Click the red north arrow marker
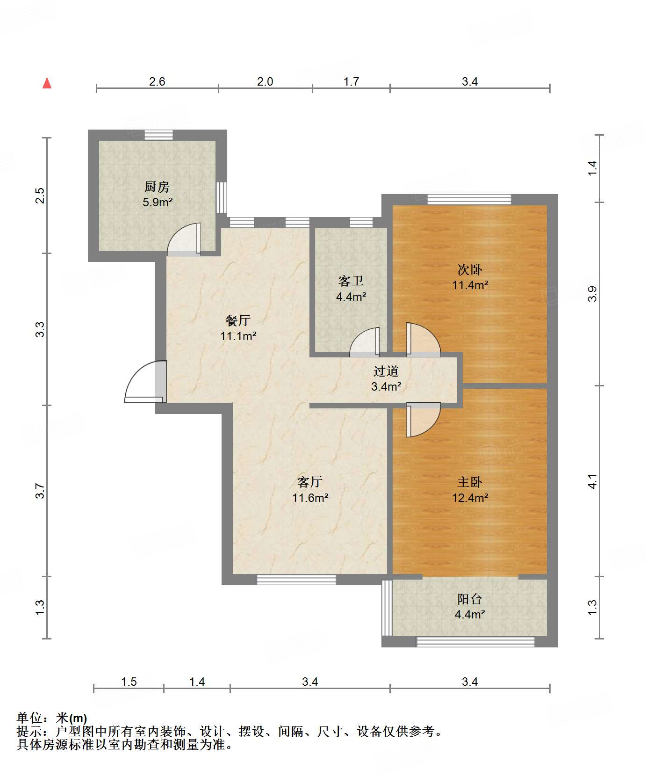pos(47,83)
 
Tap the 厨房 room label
pos(157,187)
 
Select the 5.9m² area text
pos(158,203)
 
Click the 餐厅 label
pos(238,320)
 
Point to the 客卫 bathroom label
pos(351,281)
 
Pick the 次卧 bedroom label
pos(470,269)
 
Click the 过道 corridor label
pos(386,371)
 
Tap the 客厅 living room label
pos(310,482)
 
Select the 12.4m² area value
pos(470,498)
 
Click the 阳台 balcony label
pos(470,599)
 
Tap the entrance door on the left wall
pos(145,381)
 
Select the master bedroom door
pos(423,420)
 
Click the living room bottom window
pos(296,580)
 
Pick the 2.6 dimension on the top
pos(157,81)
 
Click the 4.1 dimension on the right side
pos(593,481)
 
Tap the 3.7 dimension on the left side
pos(40,491)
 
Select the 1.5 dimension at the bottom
pos(129,682)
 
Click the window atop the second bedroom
pos(469,200)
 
